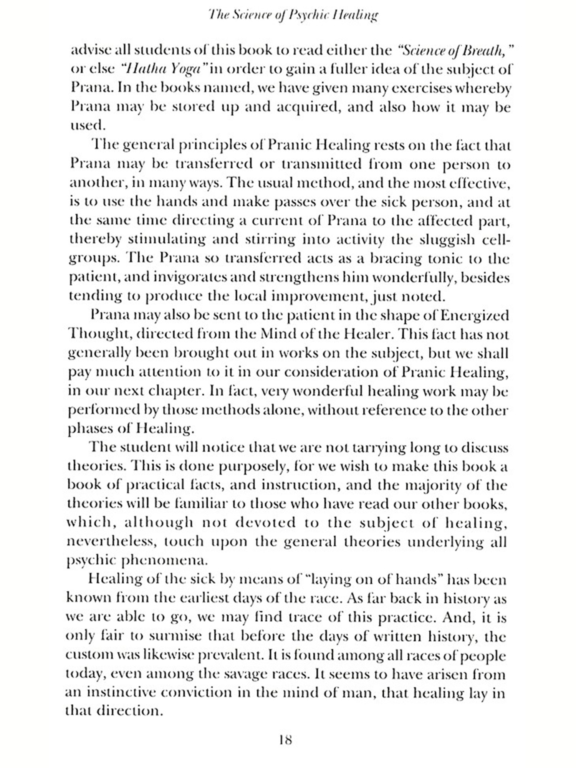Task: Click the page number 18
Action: point(286,740)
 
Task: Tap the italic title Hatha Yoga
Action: point(164,70)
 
